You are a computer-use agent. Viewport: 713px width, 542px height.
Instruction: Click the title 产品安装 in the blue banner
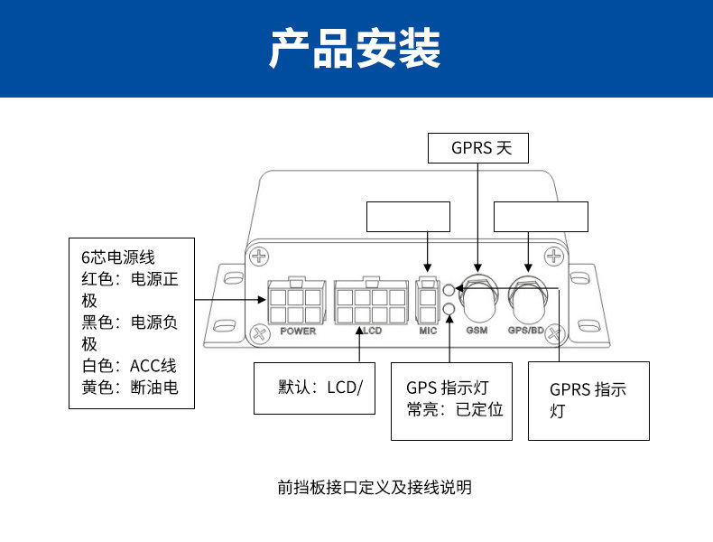pos(356,49)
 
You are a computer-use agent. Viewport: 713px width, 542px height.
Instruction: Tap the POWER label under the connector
pos(298,332)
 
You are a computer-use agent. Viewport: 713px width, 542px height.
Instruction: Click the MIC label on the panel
pos(428,332)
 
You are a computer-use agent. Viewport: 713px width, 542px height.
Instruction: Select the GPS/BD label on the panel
pos(526,332)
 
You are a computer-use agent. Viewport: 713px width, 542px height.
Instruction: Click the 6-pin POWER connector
pos(294,303)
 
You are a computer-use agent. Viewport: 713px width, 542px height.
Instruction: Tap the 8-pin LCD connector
pos(371,303)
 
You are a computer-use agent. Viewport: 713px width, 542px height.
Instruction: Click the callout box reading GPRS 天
pos(477,148)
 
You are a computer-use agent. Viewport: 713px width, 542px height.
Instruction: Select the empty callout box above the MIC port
pos(407,217)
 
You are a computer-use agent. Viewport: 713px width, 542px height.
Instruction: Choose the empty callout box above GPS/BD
pos(541,217)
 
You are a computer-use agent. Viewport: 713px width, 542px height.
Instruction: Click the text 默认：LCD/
pos(320,388)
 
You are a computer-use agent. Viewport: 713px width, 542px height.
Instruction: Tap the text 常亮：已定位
pos(454,409)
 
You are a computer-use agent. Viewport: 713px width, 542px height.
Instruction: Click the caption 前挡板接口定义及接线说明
pos(375,488)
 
